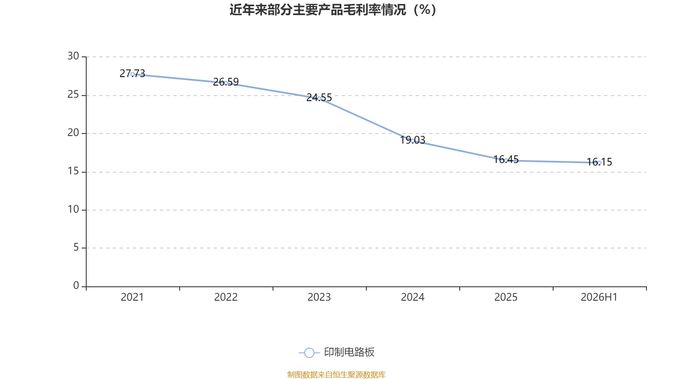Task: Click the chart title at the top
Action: [x=333, y=10]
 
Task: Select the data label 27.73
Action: [x=132, y=73]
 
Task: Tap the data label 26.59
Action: [x=225, y=82]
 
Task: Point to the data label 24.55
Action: [x=319, y=97]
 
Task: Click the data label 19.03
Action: [x=413, y=140]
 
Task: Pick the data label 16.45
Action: [x=506, y=160]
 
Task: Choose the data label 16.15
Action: [x=599, y=162]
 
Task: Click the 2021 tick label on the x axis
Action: [x=132, y=297]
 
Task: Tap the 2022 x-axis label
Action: [x=225, y=297]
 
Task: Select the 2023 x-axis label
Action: [x=319, y=297]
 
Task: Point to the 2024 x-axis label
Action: [x=413, y=297]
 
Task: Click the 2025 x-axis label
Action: [x=506, y=297]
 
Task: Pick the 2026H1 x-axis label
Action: [x=599, y=297]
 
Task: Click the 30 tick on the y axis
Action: [x=73, y=56]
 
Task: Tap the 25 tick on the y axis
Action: [x=73, y=95]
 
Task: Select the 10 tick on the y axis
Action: [x=73, y=209]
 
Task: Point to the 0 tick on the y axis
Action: [x=76, y=286]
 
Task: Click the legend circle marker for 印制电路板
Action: [x=309, y=352]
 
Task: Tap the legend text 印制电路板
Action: [x=349, y=352]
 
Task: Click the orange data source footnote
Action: [x=336, y=374]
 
